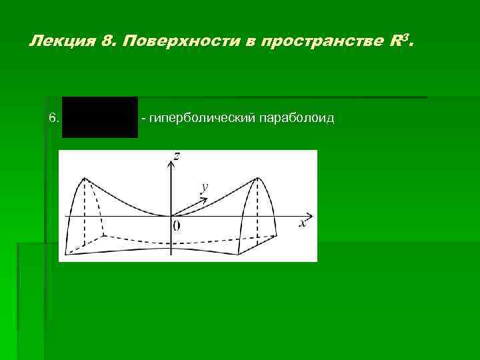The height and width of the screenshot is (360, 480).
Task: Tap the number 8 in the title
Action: coord(109,42)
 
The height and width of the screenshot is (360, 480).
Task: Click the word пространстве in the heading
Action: coord(321,43)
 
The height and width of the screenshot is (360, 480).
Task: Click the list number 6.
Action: coord(54,119)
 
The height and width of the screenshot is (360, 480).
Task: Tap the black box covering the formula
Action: coord(100,117)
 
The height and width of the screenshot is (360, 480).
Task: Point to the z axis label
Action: coord(177,157)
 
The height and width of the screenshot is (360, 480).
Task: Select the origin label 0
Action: coord(176,226)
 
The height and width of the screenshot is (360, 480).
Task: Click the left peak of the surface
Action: coord(85,178)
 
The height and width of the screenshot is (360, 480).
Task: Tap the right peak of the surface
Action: coord(257,179)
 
